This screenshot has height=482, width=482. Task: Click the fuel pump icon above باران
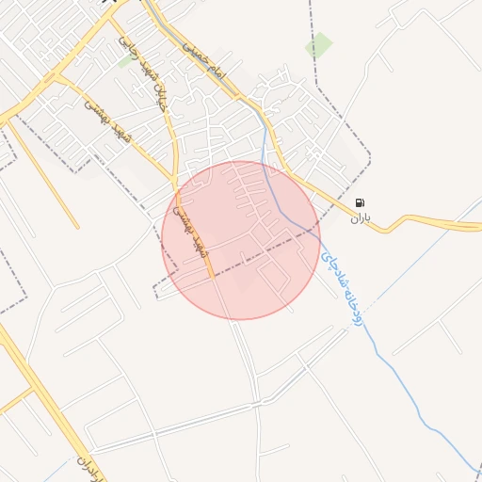(x=360, y=203)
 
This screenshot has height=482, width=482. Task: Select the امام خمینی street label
(x=204, y=59)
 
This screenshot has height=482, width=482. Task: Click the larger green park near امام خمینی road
(x=319, y=45)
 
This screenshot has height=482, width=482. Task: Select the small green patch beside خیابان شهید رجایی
(x=125, y=62)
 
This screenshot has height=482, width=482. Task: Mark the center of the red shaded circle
(x=241, y=240)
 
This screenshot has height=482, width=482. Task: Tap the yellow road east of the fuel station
(x=433, y=223)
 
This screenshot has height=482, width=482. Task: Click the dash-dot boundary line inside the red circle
(x=264, y=248)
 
